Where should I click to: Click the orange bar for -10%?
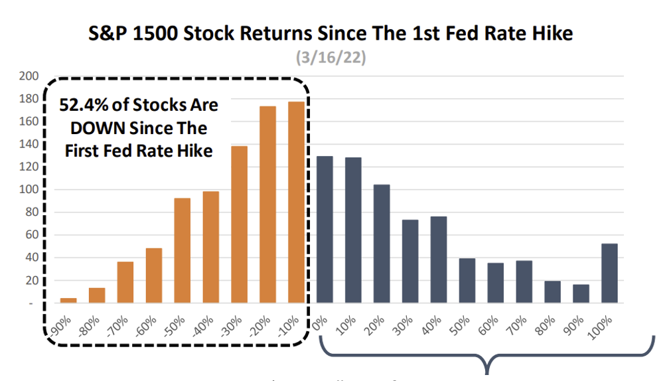pyautogui.click(x=296, y=202)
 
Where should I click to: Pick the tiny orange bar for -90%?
pyautogui.click(x=68, y=301)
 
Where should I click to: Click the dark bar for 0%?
pyautogui.click(x=325, y=230)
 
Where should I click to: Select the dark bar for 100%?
pyautogui.click(x=609, y=273)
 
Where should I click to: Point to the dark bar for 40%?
pyautogui.click(x=439, y=260)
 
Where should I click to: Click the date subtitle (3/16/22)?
pyautogui.click(x=331, y=58)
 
